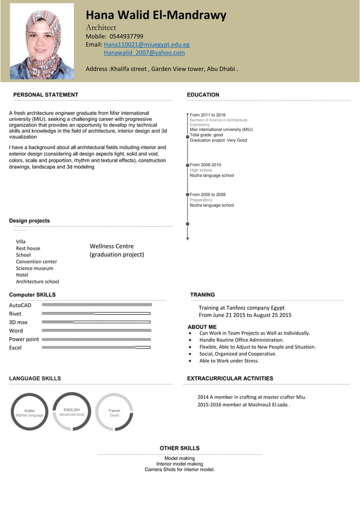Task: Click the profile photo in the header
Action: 50,41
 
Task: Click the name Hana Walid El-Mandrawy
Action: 156,15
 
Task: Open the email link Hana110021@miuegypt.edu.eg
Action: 146,45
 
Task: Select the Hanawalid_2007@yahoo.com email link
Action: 144,52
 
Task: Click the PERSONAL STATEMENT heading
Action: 46,95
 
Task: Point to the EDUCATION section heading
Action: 203,95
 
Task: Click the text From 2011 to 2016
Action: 207,115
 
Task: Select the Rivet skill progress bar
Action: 96,313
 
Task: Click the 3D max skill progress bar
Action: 96,322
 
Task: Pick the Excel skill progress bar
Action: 96,348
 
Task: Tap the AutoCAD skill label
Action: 20,305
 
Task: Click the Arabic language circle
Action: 29,412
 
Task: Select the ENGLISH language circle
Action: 72,411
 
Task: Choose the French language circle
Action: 114,412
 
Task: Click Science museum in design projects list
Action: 34,269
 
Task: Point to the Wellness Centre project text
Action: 112,246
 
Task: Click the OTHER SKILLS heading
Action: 179,448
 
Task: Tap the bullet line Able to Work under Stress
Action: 229,361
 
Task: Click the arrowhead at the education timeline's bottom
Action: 187,238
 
